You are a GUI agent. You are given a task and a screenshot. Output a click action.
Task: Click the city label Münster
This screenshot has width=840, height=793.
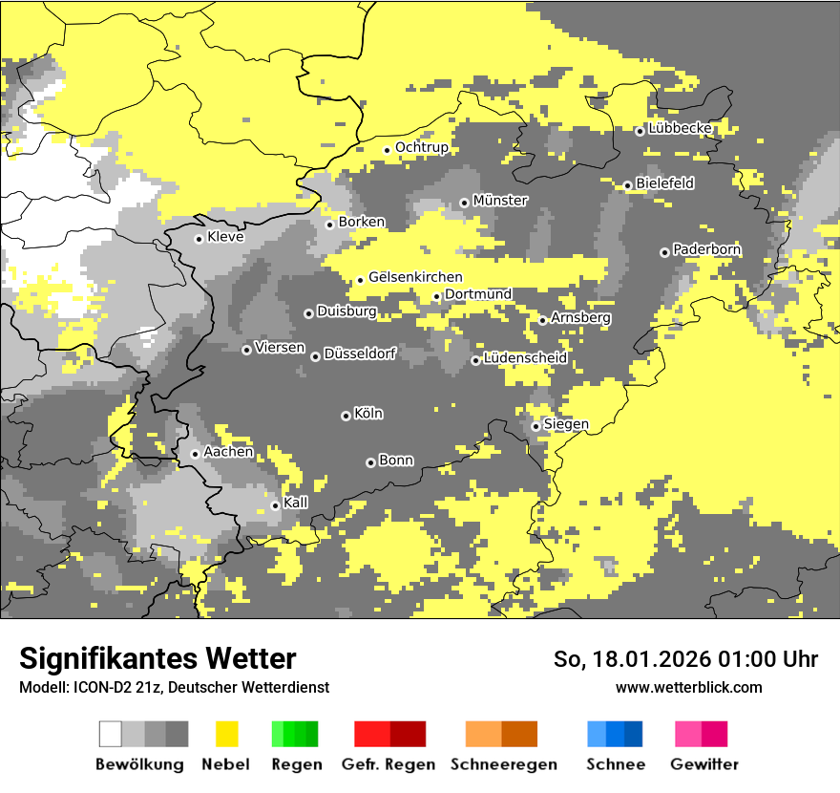pyautogui.click(x=500, y=201)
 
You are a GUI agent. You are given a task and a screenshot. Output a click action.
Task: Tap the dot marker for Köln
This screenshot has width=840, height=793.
pyautogui.click(x=346, y=416)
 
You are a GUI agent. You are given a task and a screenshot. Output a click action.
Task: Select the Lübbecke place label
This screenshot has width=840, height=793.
pyautogui.click(x=680, y=128)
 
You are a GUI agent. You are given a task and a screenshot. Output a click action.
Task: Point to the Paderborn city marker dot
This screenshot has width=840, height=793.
pyautogui.click(x=664, y=252)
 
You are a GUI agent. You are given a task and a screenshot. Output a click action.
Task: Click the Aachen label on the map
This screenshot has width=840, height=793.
pyautogui.click(x=228, y=452)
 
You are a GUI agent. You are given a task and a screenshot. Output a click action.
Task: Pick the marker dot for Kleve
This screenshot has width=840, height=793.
pyautogui.click(x=199, y=239)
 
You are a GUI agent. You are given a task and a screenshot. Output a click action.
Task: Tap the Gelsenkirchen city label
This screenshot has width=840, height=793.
pyautogui.click(x=415, y=277)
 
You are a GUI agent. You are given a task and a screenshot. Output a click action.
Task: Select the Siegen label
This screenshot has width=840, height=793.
pyautogui.click(x=566, y=424)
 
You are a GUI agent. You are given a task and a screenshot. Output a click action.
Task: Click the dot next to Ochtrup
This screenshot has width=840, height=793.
pyautogui.click(x=387, y=149)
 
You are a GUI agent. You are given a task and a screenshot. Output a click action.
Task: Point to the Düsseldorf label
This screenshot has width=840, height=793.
pyautogui.click(x=360, y=354)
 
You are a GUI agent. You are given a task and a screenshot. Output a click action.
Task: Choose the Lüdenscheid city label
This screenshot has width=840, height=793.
pyautogui.click(x=525, y=358)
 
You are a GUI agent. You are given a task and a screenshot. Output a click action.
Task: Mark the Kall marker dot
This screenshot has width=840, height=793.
pyautogui.click(x=275, y=505)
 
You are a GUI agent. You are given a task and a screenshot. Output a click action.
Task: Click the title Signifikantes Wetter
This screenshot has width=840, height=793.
pyautogui.click(x=157, y=659)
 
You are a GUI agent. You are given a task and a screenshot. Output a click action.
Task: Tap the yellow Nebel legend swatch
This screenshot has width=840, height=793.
pyautogui.click(x=226, y=734)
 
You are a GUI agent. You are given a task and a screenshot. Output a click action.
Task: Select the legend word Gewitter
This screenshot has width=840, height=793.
pyautogui.click(x=703, y=764)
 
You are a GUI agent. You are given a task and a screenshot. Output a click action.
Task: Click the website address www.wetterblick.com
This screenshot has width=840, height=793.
pyautogui.click(x=688, y=687)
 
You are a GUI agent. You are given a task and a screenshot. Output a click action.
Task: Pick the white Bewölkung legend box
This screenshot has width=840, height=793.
pyautogui.click(x=111, y=734)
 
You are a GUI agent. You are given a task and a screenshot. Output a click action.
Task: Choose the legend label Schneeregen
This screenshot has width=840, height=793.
pyautogui.click(x=504, y=764)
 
